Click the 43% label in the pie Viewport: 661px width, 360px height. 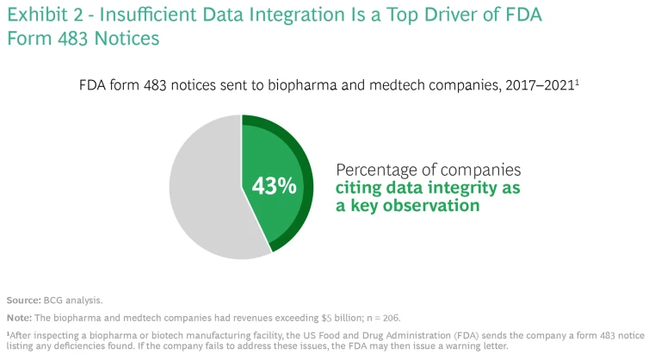(274, 185)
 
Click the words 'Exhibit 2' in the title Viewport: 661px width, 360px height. (42, 16)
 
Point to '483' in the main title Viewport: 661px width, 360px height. (87, 40)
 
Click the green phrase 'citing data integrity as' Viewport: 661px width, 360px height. (429, 188)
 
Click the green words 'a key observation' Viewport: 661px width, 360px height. (406, 207)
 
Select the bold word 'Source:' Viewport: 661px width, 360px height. (23, 301)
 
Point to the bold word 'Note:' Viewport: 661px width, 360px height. (19, 318)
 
